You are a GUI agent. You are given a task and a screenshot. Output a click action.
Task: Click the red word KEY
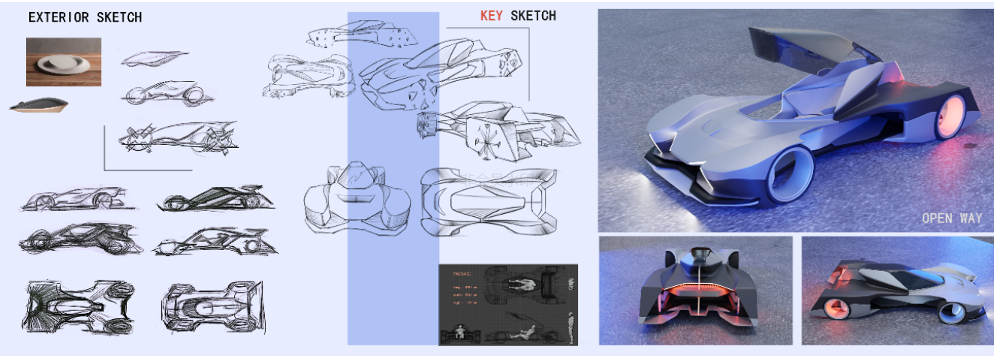pyautogui.click(x=491, y=16)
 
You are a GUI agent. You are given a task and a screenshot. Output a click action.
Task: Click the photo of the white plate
pyautogui.click(x=64, y=62)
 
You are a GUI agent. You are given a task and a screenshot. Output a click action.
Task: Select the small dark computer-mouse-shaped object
pyautogui.click(x=38, y=105)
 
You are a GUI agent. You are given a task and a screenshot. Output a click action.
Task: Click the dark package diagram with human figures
pyautogui.click(x=508, y=304)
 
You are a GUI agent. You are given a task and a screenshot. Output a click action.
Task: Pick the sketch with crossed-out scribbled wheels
pyautogui.click(x=177, y=138)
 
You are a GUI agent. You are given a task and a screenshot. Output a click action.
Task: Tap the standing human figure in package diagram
pyautogui.click(x=571, y=328)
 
